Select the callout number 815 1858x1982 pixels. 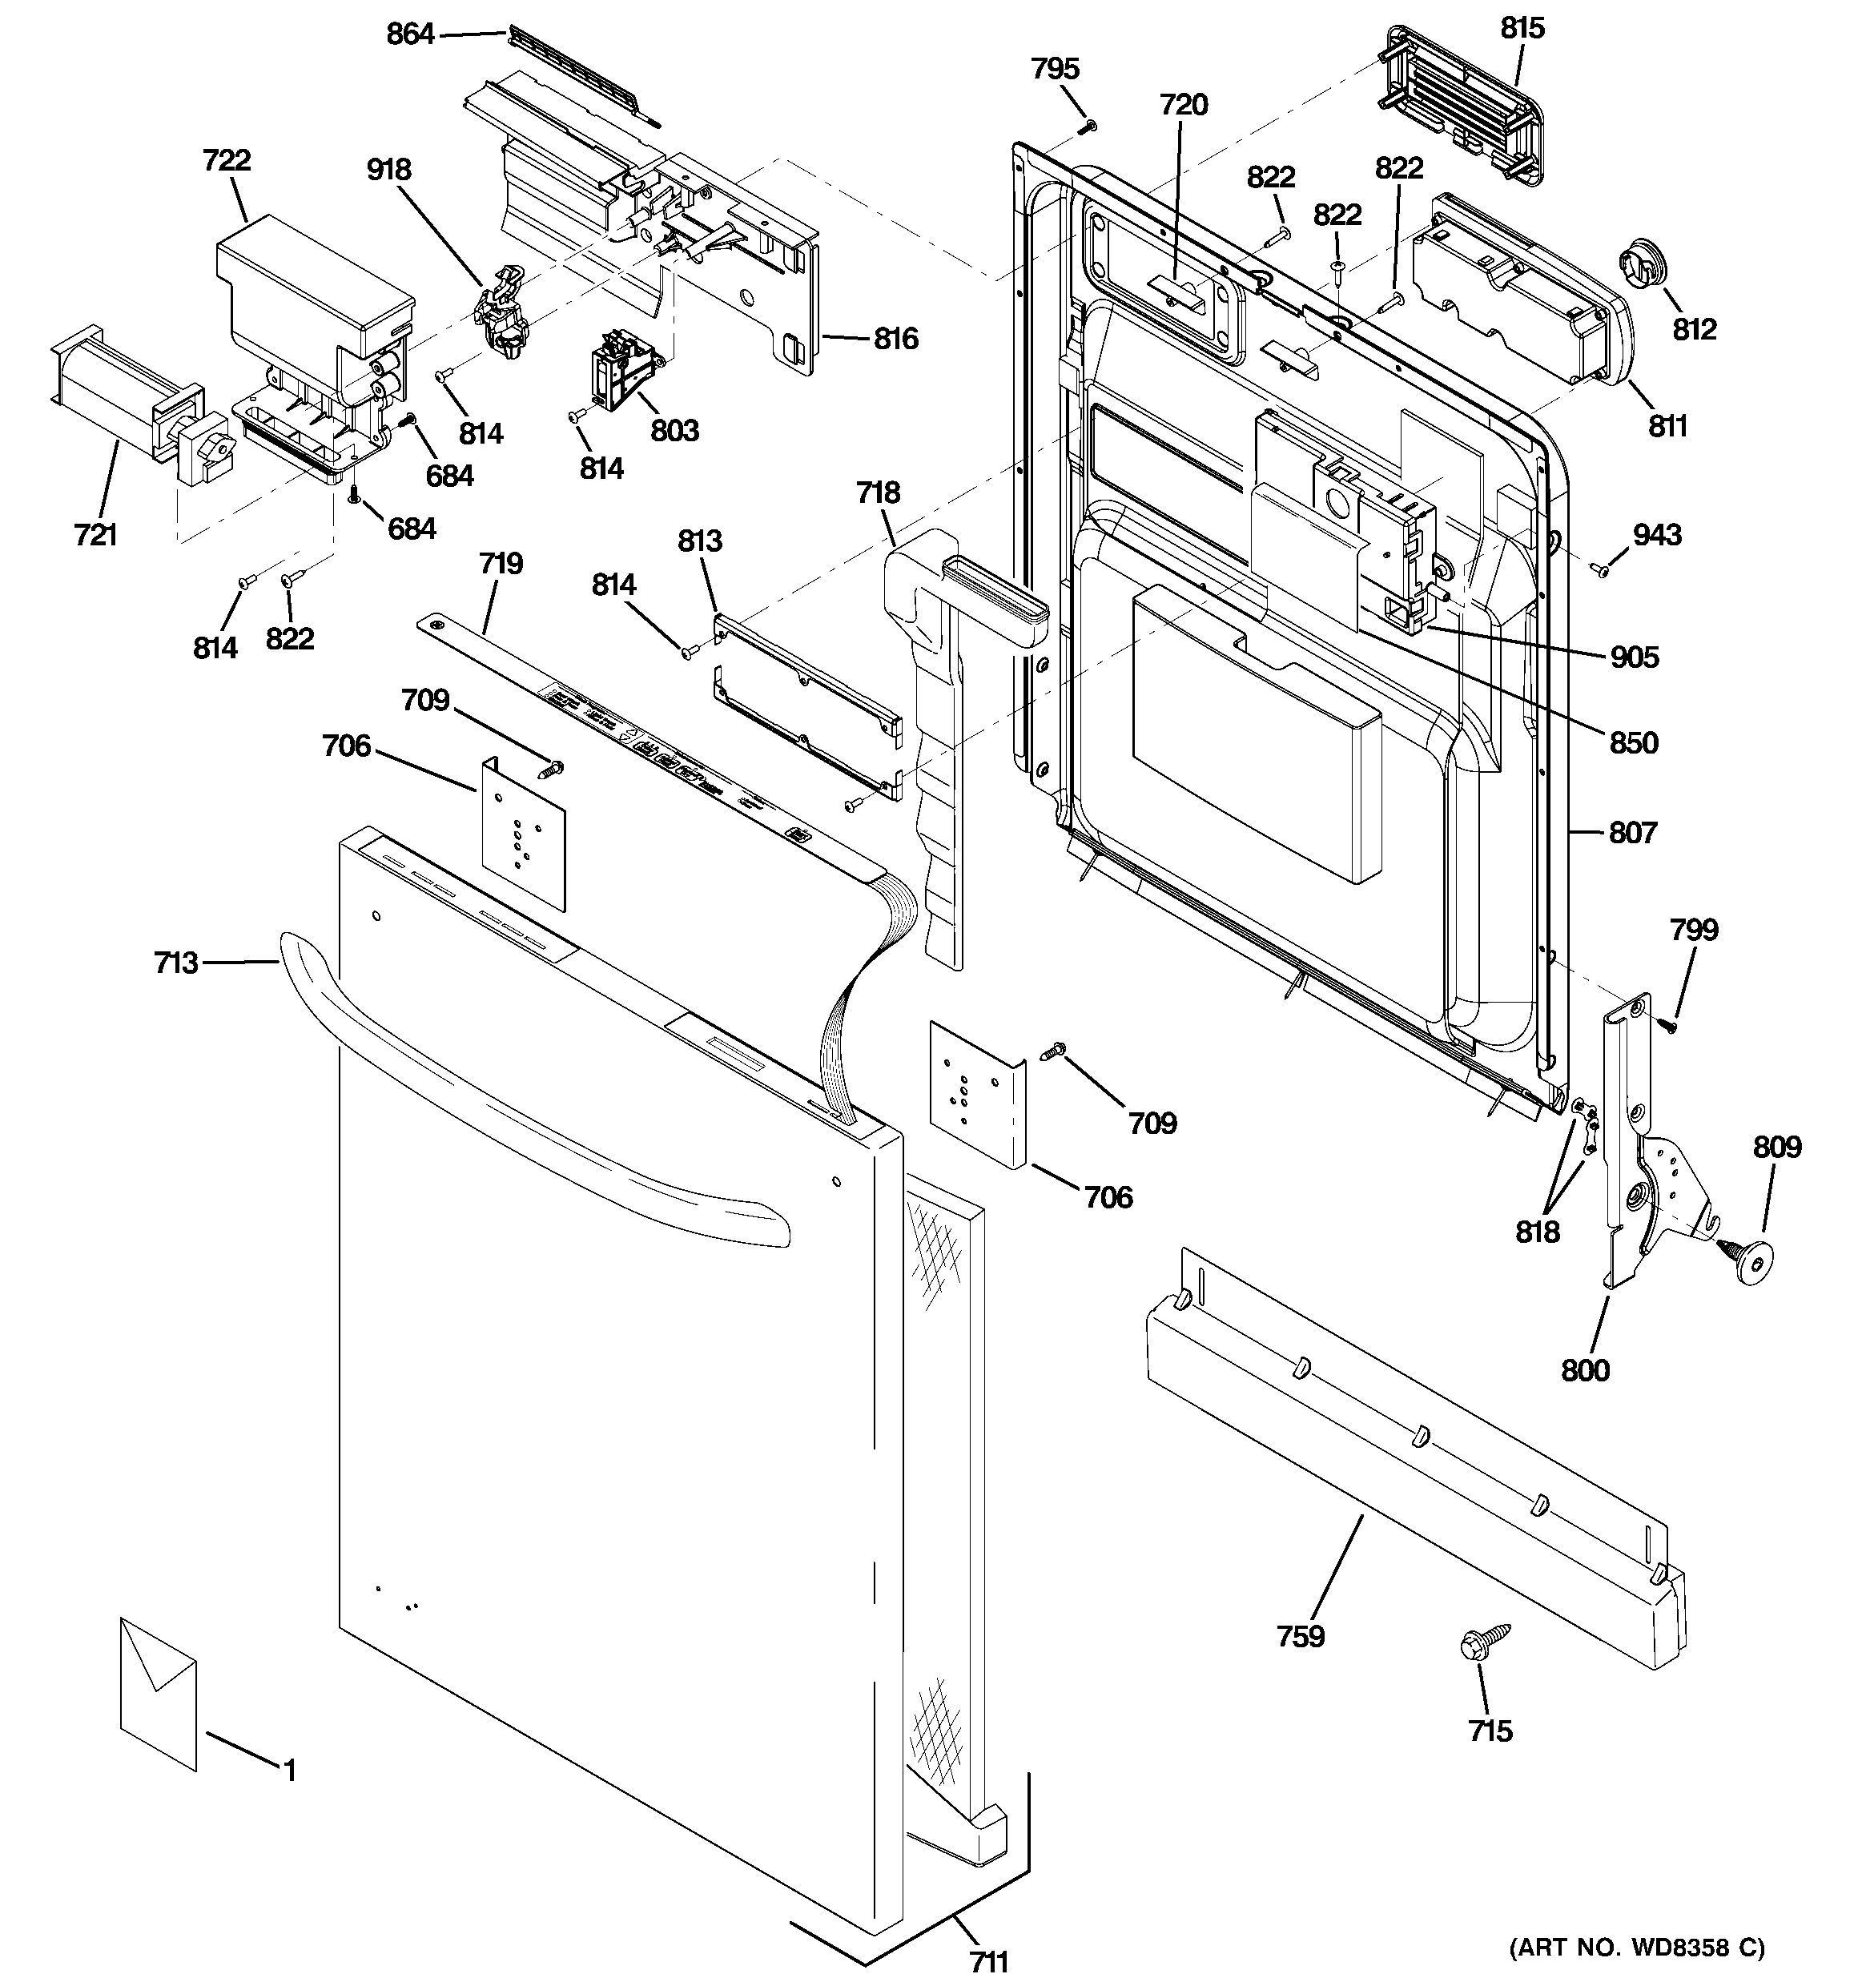coord(1522,28)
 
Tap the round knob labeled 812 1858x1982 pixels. coord(1642,265)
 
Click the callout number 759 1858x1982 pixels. coord(1300,1636)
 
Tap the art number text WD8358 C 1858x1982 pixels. coord(1635,1947)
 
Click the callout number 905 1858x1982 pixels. coord(1634,657)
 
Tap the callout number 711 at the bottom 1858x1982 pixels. coord(988,1961)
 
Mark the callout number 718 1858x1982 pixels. coord(878,492)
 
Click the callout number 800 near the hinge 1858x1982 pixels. coord(1585,1370)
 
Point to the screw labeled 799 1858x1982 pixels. coord(1670,1022)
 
